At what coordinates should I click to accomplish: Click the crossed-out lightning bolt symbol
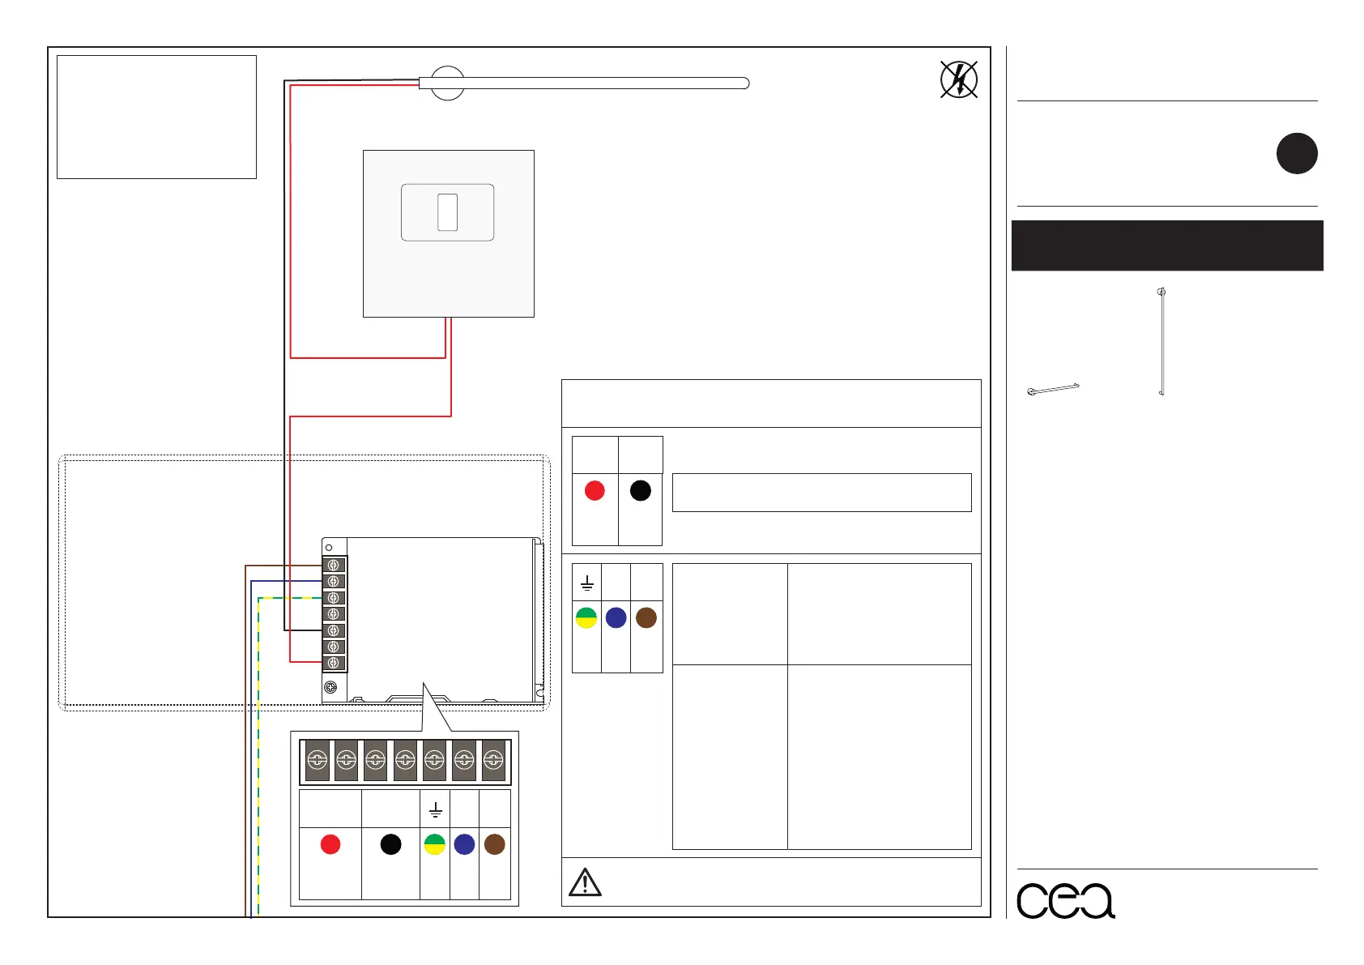pyautogui.click(x=959, y=79)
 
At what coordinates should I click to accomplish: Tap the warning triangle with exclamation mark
pyautogui.click(x=585, y=882)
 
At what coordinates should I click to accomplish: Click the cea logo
pyautogui.click(x=1065, y=900)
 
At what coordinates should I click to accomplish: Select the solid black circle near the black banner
pyautogui.click(x=1297, y=153)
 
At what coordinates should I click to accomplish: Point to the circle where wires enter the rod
pyautogui.click(x=446, y=83)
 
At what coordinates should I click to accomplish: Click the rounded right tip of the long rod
pyautogui.click(x=744, y=83)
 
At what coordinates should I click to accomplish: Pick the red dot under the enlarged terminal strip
pyautogui.click(x=330, y=844)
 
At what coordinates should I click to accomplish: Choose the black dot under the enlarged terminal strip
pyautogui.click(x=390, y=844)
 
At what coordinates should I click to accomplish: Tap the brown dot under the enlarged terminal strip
pyautogui.click(x=494, y=844)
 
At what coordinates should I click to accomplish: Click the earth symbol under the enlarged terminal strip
pyautogui.click(x=435, y=809)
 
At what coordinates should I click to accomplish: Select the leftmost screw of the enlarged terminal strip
pyautogui.click(x=317, y=760)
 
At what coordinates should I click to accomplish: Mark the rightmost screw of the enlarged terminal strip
pyautogui.click(x=493, y=760)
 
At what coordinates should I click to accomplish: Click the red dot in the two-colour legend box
pyautogui.click(x=595, y=490)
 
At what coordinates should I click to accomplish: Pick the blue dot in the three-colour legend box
pyautogui.click(x=616, y=617)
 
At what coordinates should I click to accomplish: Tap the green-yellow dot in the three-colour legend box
pyautogui.click(x=586, y=617)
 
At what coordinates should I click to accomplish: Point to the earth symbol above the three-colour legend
pyautogui.click(x=587, y=583)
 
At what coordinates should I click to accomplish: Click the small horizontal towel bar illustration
pyautogui.click(x=1053, y=389)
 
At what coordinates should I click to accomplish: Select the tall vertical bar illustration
pyautogui.click(x=1162, y=342)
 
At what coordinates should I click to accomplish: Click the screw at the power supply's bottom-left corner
pyautogui.click(x=330, y=687)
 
